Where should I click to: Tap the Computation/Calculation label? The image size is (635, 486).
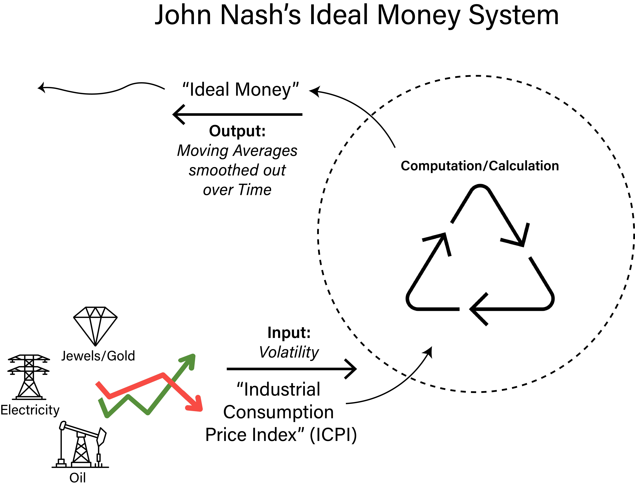480,166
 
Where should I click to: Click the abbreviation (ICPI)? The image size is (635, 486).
333,435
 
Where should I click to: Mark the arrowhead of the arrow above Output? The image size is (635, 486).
178,114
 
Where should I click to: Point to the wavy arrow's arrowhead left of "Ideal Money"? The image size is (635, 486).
41,87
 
